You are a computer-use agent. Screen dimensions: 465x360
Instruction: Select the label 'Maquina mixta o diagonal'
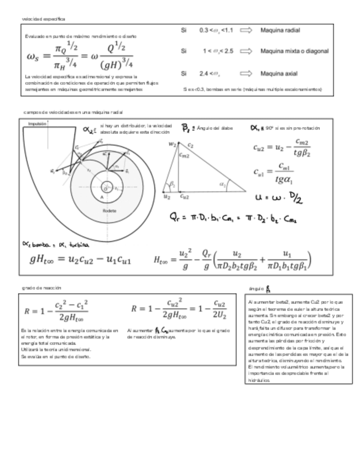coord(294,51)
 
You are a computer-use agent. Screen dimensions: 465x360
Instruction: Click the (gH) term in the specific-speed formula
coord(113,64)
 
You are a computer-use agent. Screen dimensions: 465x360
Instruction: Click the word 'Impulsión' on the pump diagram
coord(37,124)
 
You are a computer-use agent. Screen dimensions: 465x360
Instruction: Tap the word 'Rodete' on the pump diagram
coord(109,211)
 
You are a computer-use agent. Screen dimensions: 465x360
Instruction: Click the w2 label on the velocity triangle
coord(172,144)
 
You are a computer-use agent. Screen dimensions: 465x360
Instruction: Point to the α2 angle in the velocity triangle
coord(223,185)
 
